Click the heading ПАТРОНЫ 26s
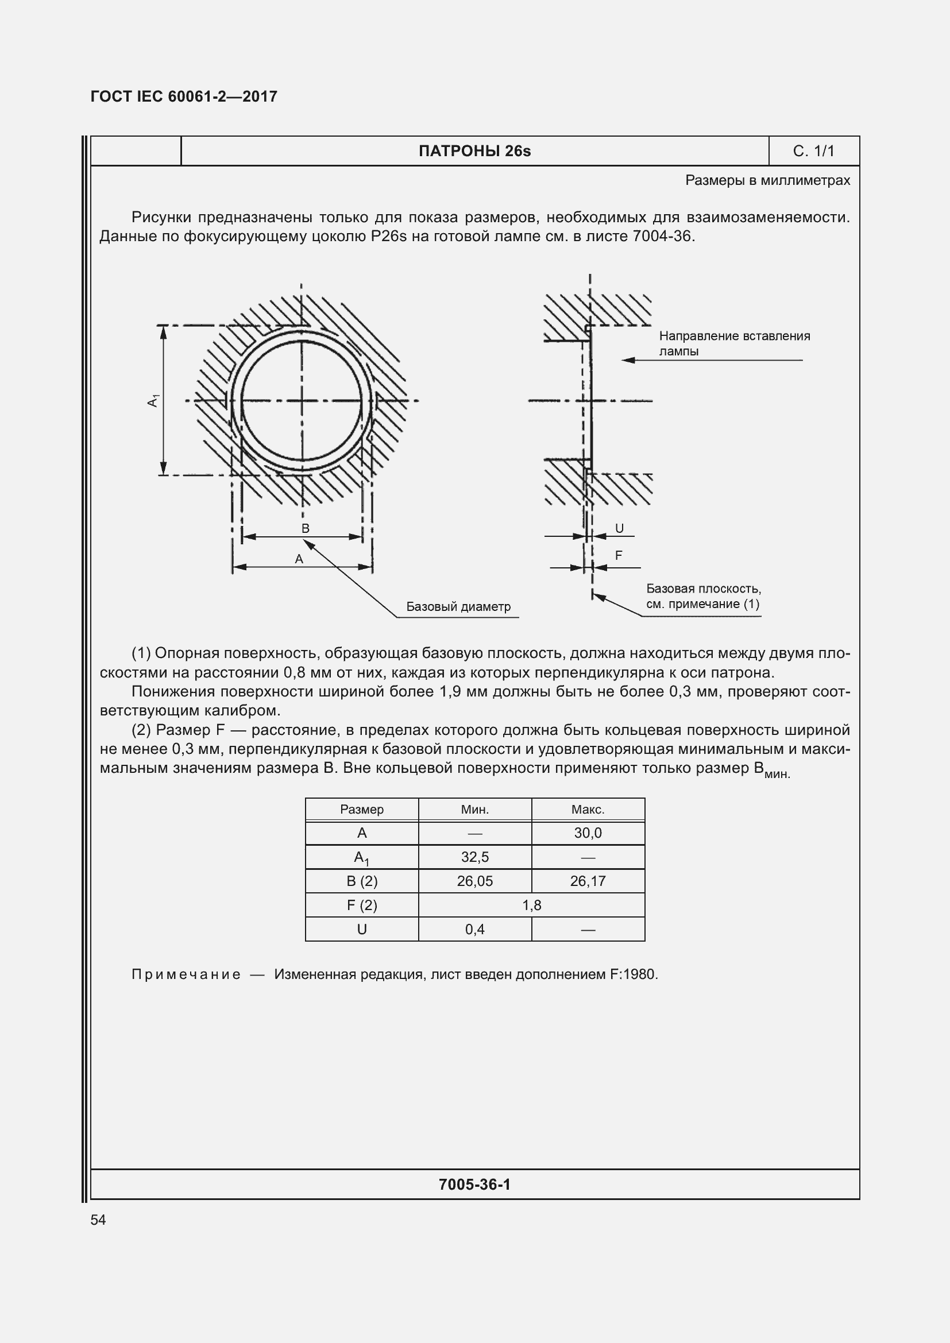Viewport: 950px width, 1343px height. (x=474, y=151)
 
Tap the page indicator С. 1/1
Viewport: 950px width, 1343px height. (x=813, y=151)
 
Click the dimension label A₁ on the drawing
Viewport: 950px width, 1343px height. (x=153, y=401)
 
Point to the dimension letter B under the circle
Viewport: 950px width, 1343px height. (x=306, y=528)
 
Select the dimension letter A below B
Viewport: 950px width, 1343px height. (x=299, y=559)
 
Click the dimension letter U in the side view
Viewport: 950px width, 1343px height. (x=620, y=528)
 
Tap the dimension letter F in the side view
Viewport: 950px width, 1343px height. (x=619, y=555)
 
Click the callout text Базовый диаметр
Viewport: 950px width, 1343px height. (x=458, y=606)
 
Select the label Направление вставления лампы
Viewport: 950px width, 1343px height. (x=733, y=343)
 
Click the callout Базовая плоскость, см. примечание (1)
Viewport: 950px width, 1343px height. (x=703, y=596)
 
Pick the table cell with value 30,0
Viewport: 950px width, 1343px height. (x=588, y=833)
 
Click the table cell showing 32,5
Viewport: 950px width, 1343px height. (x=474, y=857)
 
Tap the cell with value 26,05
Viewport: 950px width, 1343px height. (x=474, y=881)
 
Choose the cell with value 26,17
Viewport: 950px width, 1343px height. (x=588, y=881)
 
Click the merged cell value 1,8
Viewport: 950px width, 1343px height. (x=531, y=905)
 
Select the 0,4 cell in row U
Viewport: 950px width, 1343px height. (x=474, y=929)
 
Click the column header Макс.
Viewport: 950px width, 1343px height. (x=588, y=809)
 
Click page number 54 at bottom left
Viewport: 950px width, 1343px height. (x=98, y=1220)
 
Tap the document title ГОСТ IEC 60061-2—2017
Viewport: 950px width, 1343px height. (x=184, y=96)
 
